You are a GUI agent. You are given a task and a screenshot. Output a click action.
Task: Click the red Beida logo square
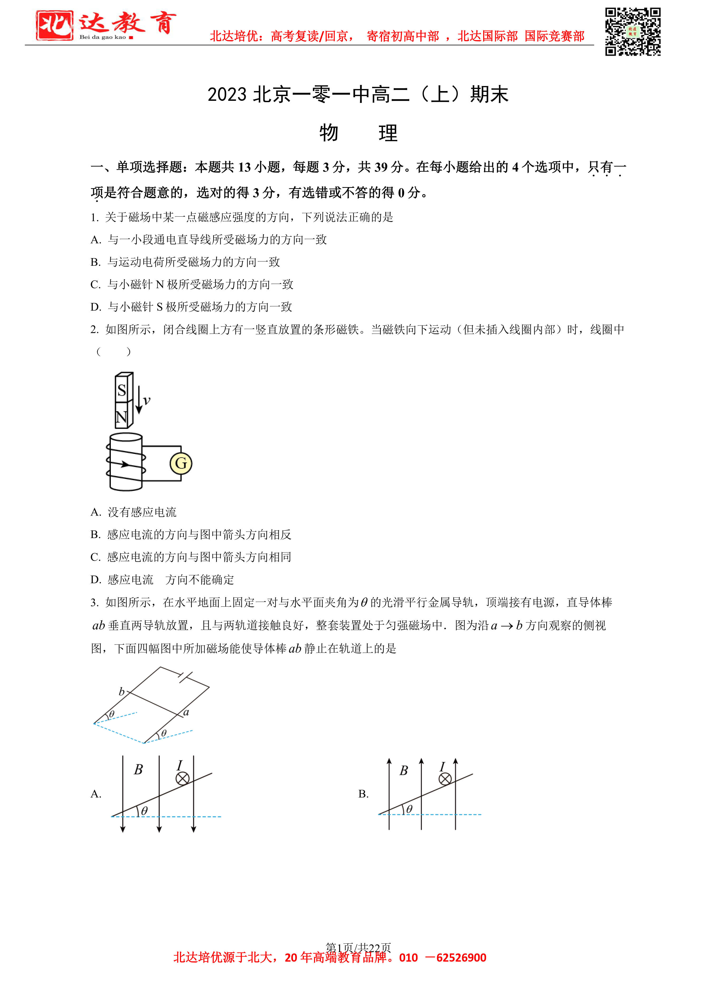54,26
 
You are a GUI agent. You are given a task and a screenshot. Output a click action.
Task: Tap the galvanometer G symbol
181,463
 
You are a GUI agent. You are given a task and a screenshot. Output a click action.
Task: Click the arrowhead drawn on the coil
125,464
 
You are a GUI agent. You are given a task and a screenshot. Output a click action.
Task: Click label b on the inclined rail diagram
122,692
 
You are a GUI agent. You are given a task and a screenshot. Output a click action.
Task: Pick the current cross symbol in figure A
182,778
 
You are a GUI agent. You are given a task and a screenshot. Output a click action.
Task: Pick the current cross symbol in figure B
445,779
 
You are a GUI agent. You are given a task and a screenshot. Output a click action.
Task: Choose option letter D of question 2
95,580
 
